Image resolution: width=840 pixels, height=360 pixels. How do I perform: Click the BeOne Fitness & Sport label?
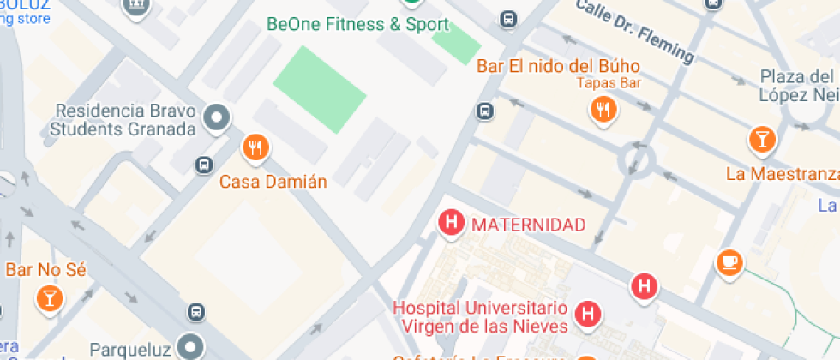(357, 24)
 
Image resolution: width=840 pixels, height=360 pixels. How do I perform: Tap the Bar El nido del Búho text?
(558, 66)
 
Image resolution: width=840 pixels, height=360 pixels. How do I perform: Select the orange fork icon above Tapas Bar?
(604, 109)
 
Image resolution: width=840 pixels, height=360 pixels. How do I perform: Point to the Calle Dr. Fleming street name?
(635, 31)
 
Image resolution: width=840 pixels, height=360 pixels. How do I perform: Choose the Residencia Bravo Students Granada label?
(123, 120)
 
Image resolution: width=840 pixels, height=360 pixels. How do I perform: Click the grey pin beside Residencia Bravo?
(217, 117)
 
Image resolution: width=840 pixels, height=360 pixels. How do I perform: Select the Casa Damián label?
(261, 182)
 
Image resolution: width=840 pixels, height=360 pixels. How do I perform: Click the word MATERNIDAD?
(529, 225)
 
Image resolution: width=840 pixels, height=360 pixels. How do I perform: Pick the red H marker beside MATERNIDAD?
(451, 223)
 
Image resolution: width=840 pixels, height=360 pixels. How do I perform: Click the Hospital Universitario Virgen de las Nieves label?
(480, 316)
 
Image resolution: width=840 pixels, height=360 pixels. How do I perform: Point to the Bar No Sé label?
(46, 270)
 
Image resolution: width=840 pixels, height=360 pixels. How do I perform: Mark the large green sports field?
(318, 88)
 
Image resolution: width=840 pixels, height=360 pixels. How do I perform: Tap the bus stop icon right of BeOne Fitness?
(508, 18)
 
